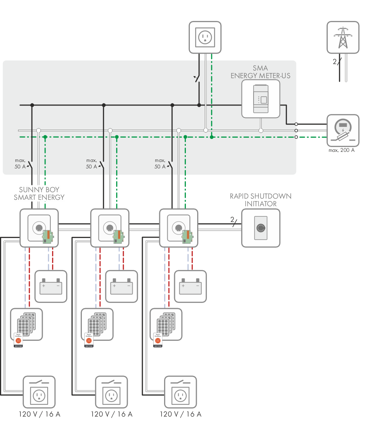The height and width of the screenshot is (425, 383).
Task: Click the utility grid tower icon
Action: [342, 37]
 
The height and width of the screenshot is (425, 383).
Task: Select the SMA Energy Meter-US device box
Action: [260, 99]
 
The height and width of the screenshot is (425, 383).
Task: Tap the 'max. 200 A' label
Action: [342, 150]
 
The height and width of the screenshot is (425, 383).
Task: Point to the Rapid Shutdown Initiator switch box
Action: [260, 228]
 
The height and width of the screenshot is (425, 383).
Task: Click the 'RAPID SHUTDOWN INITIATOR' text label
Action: [260, 200]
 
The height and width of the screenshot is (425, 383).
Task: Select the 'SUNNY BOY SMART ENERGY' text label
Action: [39, 193]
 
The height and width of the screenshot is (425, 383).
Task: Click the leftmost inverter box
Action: [39, 228]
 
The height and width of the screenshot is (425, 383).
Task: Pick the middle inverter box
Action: [110, 228]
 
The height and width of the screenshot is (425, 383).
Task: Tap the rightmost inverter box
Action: [179, 228]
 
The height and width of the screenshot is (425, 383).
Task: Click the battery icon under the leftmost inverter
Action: [51, 286]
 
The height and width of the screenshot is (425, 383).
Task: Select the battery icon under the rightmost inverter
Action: [190, 286]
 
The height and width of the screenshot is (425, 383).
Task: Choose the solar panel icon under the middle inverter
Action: [97, 324]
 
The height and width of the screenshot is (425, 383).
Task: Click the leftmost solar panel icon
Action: [26, 324]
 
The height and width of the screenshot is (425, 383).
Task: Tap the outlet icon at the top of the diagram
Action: [205, 37]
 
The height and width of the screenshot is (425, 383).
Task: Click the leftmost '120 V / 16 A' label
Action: [39, 414]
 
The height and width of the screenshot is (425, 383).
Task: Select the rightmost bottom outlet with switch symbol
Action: [180, 392]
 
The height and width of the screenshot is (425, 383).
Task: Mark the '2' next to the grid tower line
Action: [334, 62]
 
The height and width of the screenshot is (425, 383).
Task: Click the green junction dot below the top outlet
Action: [211, 137]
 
